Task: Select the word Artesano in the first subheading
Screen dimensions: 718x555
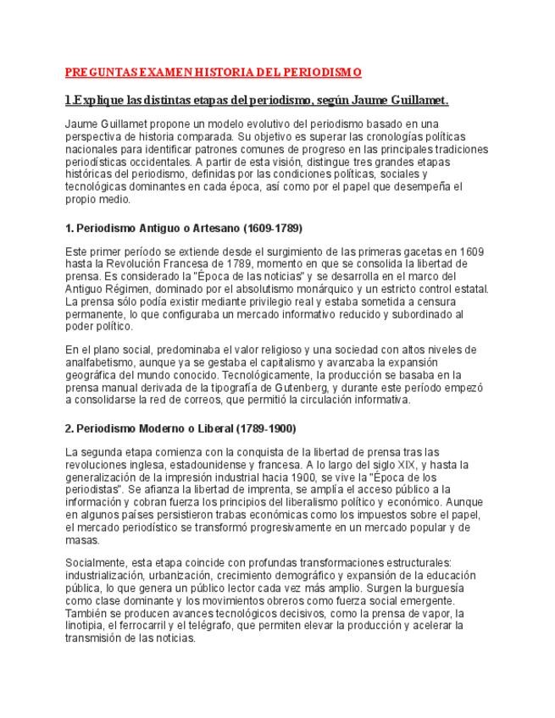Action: (210, 229)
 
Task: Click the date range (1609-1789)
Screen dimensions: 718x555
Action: (273, 229)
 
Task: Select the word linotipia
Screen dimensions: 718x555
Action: (94, 626)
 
